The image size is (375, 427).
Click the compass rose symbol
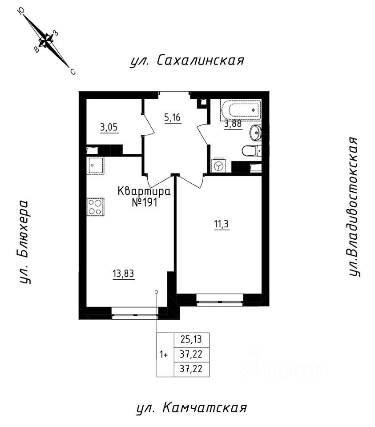coord(46,40)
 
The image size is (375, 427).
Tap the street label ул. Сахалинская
coord(187,61)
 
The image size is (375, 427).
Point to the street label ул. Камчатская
coord(191,407)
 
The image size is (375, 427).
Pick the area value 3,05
coord(109,128)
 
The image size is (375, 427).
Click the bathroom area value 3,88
coord(233,125)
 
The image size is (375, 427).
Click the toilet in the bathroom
coord(251,151)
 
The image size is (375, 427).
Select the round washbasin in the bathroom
coord(256,132)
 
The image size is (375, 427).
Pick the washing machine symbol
coord(218,165)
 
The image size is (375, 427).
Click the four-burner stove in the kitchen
coord(95,206)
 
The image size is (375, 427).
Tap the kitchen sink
coord(95,165)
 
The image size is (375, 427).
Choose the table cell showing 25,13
coord(190,340)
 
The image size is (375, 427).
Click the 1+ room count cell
coord(164,355)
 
